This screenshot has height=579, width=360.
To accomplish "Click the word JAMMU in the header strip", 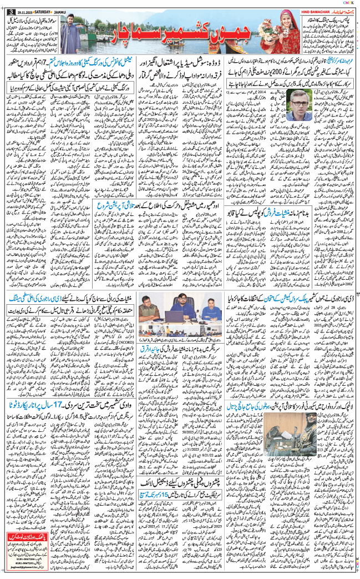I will tap(65, 4).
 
